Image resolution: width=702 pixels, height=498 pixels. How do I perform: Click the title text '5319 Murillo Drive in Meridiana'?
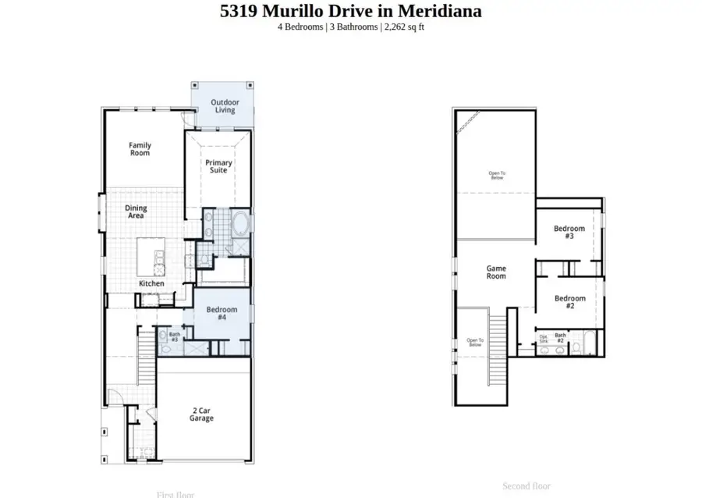click(350, 11)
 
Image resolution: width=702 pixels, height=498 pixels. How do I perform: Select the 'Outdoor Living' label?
click(225, 106)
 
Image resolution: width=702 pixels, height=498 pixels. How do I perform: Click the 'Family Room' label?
click(140, 149)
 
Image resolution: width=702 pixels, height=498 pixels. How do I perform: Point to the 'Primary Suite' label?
click(218, 166)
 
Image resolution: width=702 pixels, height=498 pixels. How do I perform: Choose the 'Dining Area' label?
click(136, 212)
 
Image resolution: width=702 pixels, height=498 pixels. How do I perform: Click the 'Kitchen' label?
click(151, 283)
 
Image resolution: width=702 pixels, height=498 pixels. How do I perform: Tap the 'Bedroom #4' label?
click(222, 313)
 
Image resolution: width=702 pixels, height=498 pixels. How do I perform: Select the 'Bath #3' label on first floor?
click(174, 336)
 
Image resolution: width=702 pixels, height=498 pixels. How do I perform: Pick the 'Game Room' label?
click(496, 272)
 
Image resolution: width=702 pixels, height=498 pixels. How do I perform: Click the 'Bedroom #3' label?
click(569, 232)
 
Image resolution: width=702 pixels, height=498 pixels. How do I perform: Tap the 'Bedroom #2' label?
click(569, 302)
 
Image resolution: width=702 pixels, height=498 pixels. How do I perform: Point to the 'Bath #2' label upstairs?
click(560, 338)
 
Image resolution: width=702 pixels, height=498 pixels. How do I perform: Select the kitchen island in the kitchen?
click(151, 257)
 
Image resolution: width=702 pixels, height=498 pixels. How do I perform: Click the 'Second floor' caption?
click(526, 486)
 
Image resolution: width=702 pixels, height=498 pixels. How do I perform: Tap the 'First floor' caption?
click(175, 494)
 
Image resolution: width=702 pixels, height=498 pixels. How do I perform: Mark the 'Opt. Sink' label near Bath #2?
click(544, 340)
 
